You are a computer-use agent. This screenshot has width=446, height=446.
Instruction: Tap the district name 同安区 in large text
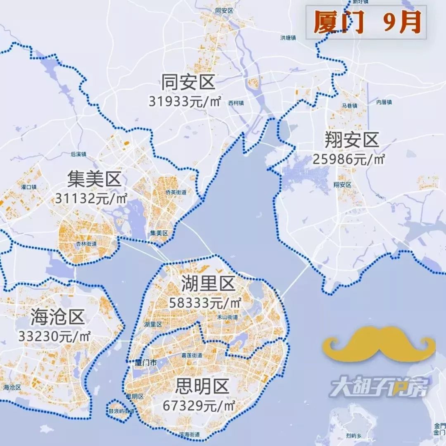pyautogui.click(x=188, y=82)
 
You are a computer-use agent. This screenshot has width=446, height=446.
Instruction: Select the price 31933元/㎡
pyautogui.click(x=185, y=101)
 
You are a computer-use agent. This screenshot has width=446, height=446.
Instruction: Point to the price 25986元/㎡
pyautogui.click(x=349, y=159)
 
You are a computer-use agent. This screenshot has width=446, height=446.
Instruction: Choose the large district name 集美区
pyautogui.click(x=94, y=180)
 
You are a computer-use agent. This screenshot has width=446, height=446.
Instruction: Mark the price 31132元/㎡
pyautogui.click(x=91, y=199)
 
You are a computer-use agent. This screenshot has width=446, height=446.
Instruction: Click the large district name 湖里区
pyautogui.click(x=208, y=284)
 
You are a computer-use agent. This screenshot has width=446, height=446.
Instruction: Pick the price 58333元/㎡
pyautogui.click(x=205, y=303)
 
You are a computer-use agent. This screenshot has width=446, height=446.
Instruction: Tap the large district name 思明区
pyautogui.click(x=202, y=387)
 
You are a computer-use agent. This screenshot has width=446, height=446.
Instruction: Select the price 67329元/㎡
pyautogui.click(x=199, y=406)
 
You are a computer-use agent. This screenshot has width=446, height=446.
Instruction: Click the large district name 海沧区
pyautogui.click(x=57, y=317)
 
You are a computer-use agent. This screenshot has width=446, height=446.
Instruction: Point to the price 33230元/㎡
pyautogui.click(x=54, y=336)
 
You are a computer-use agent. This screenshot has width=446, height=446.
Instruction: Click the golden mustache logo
pyautogui.click(x=379, y=343)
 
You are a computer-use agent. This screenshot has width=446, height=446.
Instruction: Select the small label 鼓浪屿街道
pyautogui.click(x=121, y=411)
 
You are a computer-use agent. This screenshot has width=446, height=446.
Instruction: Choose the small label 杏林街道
pyautogui.click(x=86, y=244)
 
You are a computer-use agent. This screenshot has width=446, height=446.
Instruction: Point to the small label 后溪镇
pyautogui.click(x=78, y=154)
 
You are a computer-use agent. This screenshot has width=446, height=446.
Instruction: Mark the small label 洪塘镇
pyautogui.click(x=288, y=38)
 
